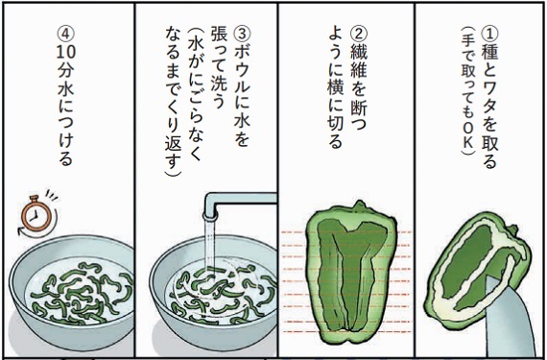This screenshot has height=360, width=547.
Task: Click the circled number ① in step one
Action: tap(489, 34)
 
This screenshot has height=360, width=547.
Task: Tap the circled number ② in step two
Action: tap(358, 35)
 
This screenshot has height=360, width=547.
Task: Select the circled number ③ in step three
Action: tap(242, 35)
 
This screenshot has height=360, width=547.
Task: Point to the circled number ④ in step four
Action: tap(66, 35)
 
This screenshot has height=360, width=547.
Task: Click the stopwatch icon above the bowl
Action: tap(37, 213)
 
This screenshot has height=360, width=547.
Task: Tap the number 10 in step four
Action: tap(66, 53)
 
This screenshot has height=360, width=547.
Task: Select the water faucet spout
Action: tap(240, 205)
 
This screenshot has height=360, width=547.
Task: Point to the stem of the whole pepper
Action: tap(358, 205)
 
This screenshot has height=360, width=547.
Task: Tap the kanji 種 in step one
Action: tap(489, 53)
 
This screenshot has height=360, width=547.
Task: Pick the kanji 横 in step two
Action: tap(336, 90)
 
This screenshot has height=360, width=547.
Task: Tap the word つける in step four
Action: tap(66, 139)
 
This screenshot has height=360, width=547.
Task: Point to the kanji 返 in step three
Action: tap(174, 144)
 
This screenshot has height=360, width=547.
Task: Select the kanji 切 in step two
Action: tap(336, 125)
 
